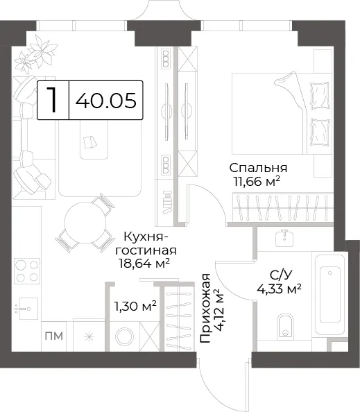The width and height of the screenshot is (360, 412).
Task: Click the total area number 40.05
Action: click(106, 101)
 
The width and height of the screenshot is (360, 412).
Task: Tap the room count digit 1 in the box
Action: click(53, 100)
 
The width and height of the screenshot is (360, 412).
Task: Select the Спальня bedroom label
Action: click(258, 168)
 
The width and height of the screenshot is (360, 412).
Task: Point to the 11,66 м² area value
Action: click(256, 181)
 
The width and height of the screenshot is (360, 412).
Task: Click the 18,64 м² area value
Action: click(144, 263)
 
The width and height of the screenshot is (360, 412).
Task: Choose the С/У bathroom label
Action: click(281, 275)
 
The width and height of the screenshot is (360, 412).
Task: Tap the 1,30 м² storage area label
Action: click(135, 306)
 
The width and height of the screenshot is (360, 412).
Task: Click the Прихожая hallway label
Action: click(205, 308)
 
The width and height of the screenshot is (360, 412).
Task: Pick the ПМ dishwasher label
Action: click(54, 336)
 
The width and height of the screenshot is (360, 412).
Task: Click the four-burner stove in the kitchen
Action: click(27, 271)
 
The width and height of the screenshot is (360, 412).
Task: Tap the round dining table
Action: click(85, 223)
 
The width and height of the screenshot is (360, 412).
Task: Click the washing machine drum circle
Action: click(125, 336)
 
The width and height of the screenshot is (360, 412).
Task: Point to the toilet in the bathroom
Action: click(285, 326)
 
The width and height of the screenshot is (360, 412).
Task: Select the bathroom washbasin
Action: click(284, 239)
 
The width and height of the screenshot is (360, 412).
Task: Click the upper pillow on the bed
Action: click(320, 96)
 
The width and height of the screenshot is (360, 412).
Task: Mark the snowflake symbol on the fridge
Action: click(89, 337)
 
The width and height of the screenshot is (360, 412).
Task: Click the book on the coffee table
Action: click(90, 142)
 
